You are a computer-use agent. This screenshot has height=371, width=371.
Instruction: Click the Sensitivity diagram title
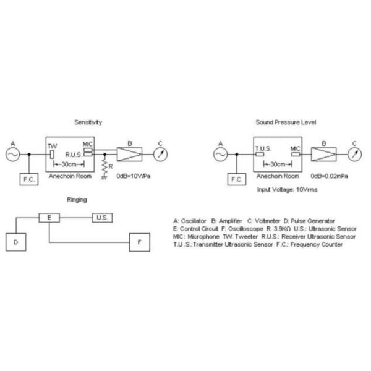click(x=88, y=122)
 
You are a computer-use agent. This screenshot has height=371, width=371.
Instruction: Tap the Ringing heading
click(x=77, y=199)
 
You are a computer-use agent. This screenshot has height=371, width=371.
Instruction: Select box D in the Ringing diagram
click(x=15, y=242)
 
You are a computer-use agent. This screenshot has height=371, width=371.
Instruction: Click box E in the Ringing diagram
click(x=49, y=218)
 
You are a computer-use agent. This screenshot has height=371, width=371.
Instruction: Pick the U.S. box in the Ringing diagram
click(x=102, y=218)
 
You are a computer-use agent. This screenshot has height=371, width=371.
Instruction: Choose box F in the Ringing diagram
click(x=139, y=242)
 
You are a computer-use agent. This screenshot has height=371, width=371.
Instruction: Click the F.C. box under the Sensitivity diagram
click(x=29, y=179)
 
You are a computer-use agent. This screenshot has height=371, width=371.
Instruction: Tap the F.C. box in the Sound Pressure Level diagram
click(x=236, y=179)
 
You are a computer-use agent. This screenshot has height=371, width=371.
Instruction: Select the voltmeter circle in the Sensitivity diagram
click(x=160, y=153)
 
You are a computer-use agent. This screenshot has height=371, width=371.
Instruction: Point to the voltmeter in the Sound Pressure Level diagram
click(x=354, y=153)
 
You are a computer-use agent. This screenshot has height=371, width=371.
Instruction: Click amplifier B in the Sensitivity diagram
click(x=130, y=153)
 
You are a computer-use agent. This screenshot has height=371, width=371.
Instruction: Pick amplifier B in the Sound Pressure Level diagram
click(x=323, y=153)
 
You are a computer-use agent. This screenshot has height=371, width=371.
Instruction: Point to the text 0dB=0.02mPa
click(x=330, y=176)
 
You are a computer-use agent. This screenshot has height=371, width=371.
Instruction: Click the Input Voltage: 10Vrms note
click(x=287, y=189)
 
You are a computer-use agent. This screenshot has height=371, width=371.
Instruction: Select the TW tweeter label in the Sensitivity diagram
click(x=52, y=145)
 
